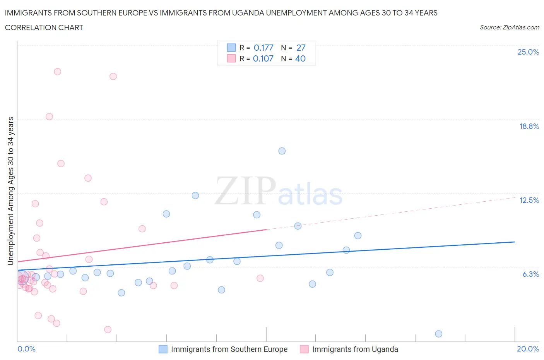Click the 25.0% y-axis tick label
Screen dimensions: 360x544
pyautogui.click(x=528, y=52)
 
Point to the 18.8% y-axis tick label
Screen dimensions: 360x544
pyautogui.click(x=529, y=126)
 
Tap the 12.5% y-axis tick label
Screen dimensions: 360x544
pyautogui.click(x=529, y=200)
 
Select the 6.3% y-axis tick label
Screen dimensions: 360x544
pyautogui.click(x=530, y=274)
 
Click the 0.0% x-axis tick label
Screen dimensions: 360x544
pyautogui.click(x=26, y=349)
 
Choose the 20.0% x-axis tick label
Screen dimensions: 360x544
pyautogui.click(x=528, y=349)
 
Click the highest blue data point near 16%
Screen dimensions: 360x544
pyautogui.click(x=282, y=151)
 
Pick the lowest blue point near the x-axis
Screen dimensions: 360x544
pyautogui.click(x=438, y=334)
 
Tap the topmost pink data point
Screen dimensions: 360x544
pyautogui.click(x=57, y=72)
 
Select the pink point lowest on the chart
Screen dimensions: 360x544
pyautogui.click(x=108, y=329)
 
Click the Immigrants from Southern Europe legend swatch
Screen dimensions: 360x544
pyautogui.click(x=163, y=349)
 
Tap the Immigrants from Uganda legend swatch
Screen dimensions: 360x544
pyautogui.click(x=304, y=349)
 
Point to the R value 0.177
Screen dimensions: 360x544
pyautogui.click(x=263, y=48)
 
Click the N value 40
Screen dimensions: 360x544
pyautogui.click(x=300, y=58)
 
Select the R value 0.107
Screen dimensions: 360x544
pyautogui.click(x=263, y=58)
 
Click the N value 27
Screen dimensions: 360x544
pyautogui.click(x=301, y=48)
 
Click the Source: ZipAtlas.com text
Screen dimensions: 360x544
pyautogui.click(x=509, y=27)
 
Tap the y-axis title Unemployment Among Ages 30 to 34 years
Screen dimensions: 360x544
pyautogui.click(x=10, y=191)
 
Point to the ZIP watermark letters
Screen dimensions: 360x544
pyautogui.click(x=245, y=191)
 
